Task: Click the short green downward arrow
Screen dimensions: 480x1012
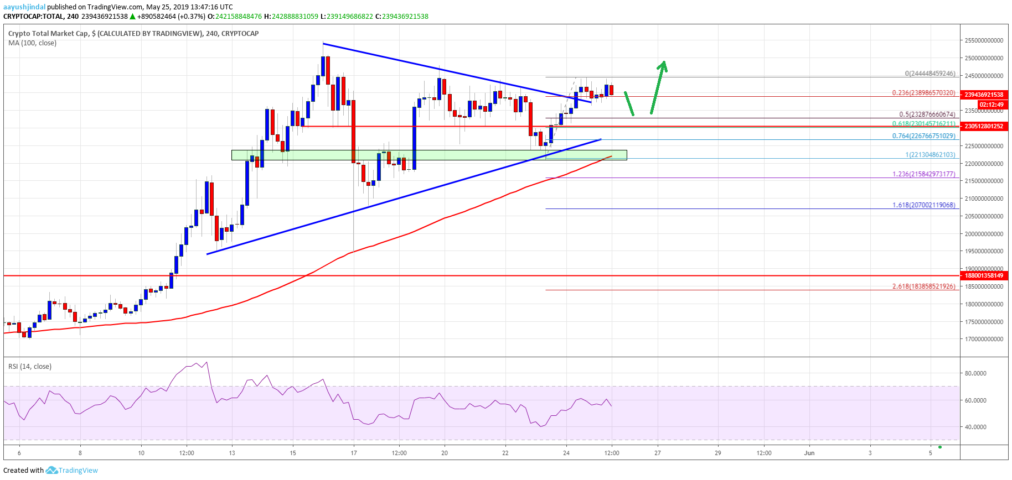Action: tap(629, 103)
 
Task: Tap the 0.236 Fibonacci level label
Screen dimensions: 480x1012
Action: tap(923, 93)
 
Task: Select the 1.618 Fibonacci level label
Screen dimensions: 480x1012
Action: tap(923, 205)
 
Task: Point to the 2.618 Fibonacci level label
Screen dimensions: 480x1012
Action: tap(923, 286)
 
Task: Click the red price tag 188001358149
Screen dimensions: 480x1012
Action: tap(983, 275)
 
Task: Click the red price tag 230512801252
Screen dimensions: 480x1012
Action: tap(983, 126)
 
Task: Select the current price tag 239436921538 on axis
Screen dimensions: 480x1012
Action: tap(983, 95)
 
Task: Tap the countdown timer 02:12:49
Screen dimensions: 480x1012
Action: tap(990, 105)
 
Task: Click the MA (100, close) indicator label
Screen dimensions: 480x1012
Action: tap(32, 43)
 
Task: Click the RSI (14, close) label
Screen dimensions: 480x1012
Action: tap(30, 367)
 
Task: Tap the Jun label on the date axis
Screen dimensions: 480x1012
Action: tap(809, 453)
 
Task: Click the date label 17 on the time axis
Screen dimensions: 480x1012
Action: tap(353, 453)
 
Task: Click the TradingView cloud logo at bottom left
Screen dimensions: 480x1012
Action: tap(51, 471)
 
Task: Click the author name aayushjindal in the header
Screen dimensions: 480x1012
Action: tap(24, 7)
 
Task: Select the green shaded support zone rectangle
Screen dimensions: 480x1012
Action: tap(429, 155)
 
